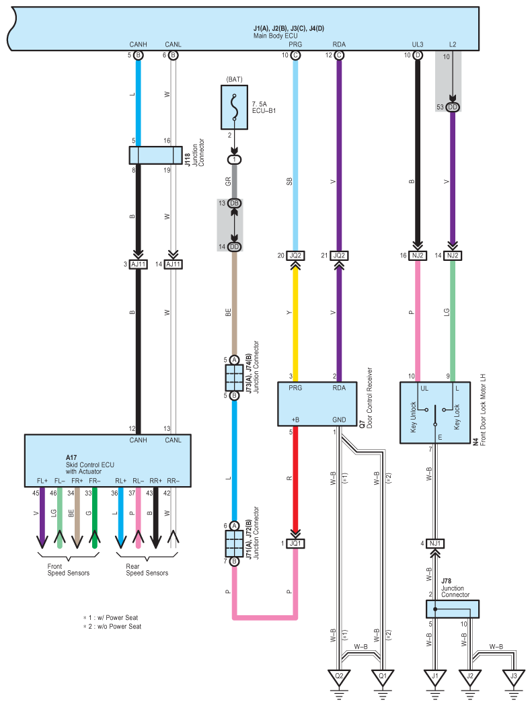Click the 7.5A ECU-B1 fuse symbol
[234, 107]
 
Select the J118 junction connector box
[156, 155]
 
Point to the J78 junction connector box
[452, 609]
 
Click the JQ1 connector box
[295, 543]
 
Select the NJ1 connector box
[435, 543]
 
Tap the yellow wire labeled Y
[295, 321]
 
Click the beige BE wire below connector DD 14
[234, 303]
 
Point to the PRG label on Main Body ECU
[295, 44]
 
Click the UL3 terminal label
[418, 44]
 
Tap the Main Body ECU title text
[276, 36]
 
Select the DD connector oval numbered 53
[453, 107]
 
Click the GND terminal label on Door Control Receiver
[339, 420]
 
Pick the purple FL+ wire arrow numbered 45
[42, 518]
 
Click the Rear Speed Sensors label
[147, 570]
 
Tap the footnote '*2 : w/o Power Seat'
[112, 626]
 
